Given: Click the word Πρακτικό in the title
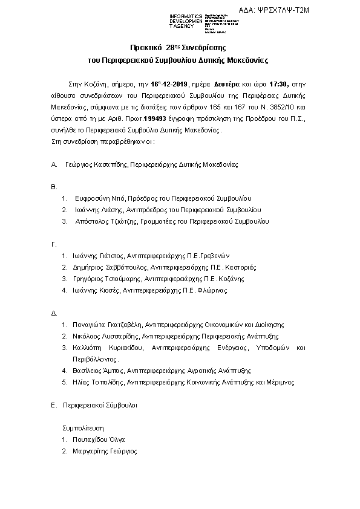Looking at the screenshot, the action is [x=146, y=47].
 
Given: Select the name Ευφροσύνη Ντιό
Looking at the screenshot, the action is [x=96, y=198].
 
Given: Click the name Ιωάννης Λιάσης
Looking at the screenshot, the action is [x=97, y=209].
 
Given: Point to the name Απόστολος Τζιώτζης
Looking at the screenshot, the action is [x=103, y=221].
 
